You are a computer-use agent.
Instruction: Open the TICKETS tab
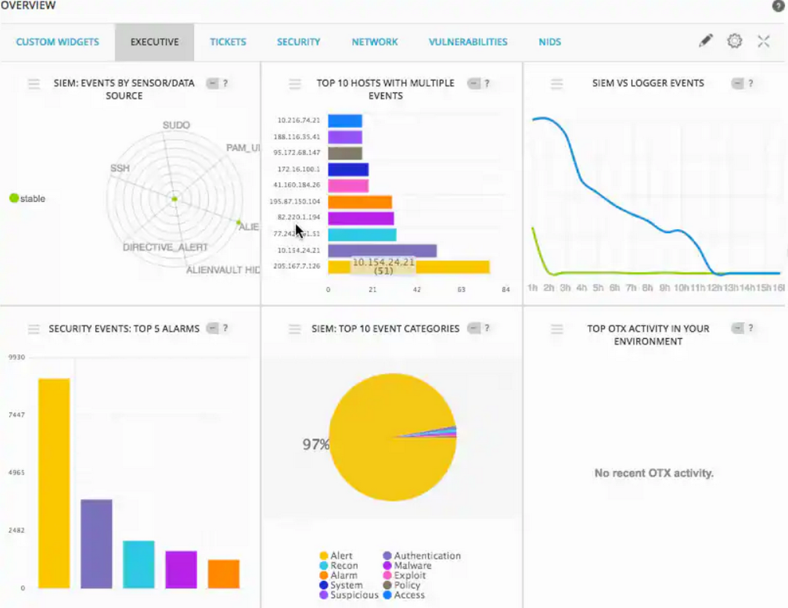[x=228, y=42]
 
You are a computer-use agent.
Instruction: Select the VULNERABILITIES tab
[x=468, y=42]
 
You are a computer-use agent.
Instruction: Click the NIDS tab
[x=549, y=42]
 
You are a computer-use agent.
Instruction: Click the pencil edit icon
[x=706, y=41]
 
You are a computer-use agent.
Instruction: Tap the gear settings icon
[x=734, y=41]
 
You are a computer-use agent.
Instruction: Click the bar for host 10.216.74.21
[x=345, y=121]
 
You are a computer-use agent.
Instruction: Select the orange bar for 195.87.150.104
[x=360, y=202]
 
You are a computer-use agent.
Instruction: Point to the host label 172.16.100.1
[x=299, y=169]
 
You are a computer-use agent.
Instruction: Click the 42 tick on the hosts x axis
[x=417, y=289]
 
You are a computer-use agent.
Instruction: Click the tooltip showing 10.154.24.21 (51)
[x=384, y=266]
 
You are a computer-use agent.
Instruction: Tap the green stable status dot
[x=14, y=198]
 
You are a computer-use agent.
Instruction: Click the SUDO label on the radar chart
[x=176, y=125]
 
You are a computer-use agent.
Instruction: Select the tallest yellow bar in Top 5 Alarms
[x=54, y=483]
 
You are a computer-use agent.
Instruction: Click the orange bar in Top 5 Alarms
[x=223, y=574]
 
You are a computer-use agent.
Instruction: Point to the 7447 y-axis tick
[x=17, y=415]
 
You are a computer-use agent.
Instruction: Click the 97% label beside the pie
[x=315, y=444]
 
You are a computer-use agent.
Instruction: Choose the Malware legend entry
[x=412, y=566]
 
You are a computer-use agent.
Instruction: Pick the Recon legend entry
[x=344, y=566]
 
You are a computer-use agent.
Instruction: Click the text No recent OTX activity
[x=654, y=473]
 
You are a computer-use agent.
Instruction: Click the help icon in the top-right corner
[x=778, y=6]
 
